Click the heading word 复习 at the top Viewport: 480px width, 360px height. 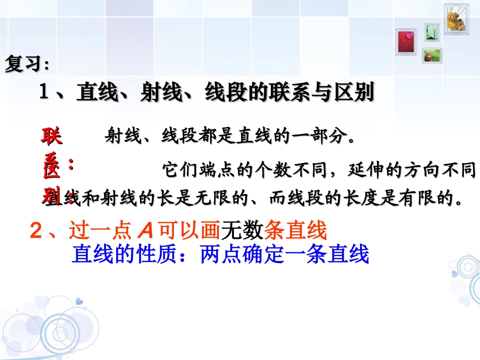tap(23, 65)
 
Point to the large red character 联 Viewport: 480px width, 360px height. tap(51, 136)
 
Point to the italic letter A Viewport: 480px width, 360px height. tap(145, 231)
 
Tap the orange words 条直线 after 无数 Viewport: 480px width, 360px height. tap(296, 231)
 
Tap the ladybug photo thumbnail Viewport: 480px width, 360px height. tap(432, 55)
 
